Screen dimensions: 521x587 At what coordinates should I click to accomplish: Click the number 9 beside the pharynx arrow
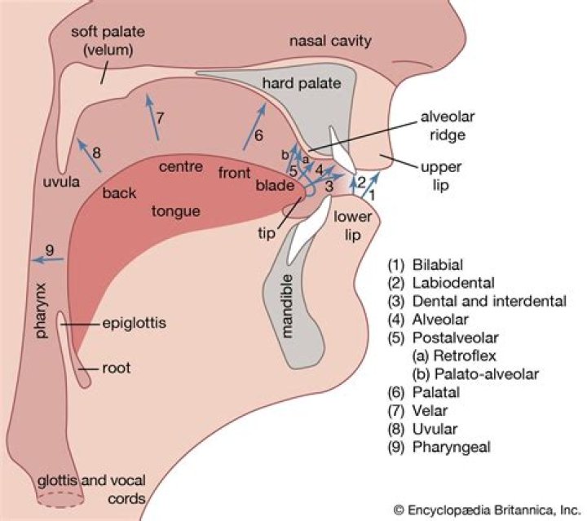[x=50, y=249]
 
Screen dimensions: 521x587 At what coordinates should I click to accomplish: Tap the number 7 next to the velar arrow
[x=161, y=117]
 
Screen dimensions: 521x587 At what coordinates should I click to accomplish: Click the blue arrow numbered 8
[x=88, y=155]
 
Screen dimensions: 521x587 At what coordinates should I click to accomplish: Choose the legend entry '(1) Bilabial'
[x=426, y=265]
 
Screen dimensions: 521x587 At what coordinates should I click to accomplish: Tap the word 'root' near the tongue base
[x=117, y=369]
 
